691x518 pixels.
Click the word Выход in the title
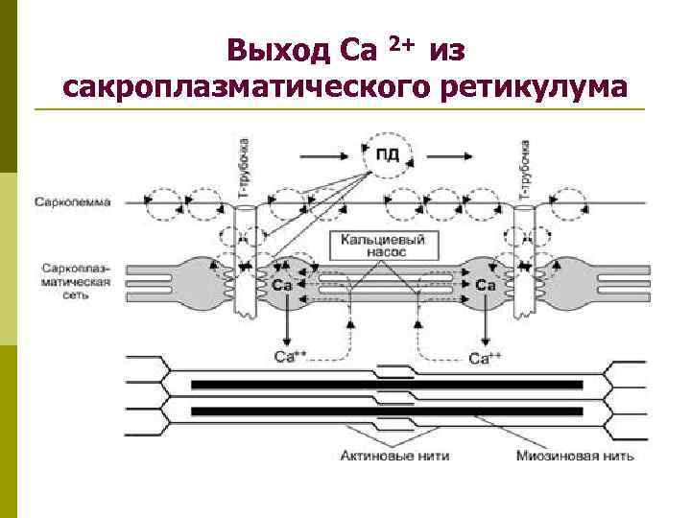[279, 48]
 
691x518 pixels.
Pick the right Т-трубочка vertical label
[525, 169]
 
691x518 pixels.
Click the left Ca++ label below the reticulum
[290, 359]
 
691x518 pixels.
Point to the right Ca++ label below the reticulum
[485, 359]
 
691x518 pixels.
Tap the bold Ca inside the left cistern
[282, 285]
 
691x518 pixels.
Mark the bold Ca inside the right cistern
[486, 285]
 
